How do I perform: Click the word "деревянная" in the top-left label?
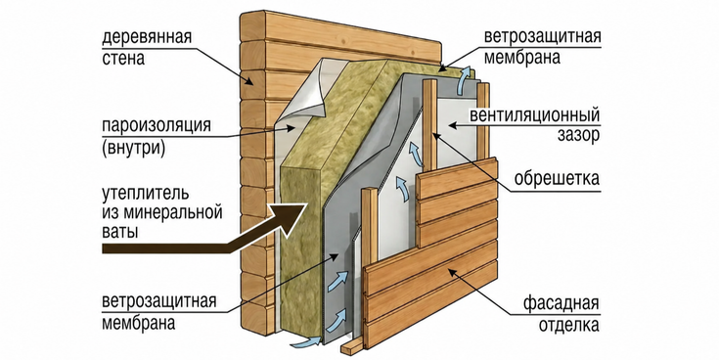tap(147, 37)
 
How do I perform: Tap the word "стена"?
tap(123, 59)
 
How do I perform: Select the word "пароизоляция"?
tap(157, 125)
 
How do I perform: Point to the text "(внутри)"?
tap(133, 149)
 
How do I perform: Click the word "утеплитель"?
tap(145, 193)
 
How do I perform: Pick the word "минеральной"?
tap(173, 213)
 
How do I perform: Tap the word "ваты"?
tap(119, 231)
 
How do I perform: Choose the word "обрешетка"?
tap(557, 178)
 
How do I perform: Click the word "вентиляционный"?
tap(535, 115)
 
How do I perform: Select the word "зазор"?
tap(579, 135)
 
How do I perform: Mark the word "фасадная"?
tap(562, 303)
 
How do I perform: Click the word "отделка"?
tap(569, 325)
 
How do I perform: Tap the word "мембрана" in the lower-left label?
tap(139, 323)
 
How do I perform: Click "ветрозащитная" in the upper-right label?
tap(543, 37)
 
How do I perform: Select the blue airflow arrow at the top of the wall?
tap(466, 80)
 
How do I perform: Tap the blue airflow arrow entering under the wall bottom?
tap(306, 340)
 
